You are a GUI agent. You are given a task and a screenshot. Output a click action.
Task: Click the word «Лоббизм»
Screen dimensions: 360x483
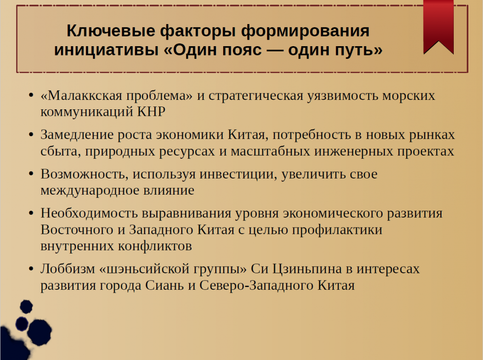[67, 269]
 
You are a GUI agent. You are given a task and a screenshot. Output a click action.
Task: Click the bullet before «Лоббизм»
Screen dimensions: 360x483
[31, 270]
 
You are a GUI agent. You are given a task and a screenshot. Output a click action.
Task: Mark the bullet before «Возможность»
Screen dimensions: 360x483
[31, 174]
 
